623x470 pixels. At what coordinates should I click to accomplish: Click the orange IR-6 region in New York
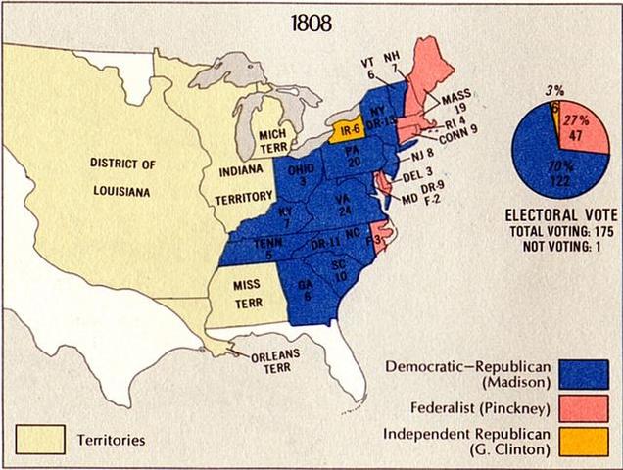[347, 127]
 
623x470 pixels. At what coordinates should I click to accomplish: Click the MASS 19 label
[456, 105]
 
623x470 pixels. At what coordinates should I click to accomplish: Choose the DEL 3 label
[416, 174]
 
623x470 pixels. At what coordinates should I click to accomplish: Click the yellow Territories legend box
[40, 439]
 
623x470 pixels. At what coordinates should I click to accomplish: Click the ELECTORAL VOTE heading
[558, 213]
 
